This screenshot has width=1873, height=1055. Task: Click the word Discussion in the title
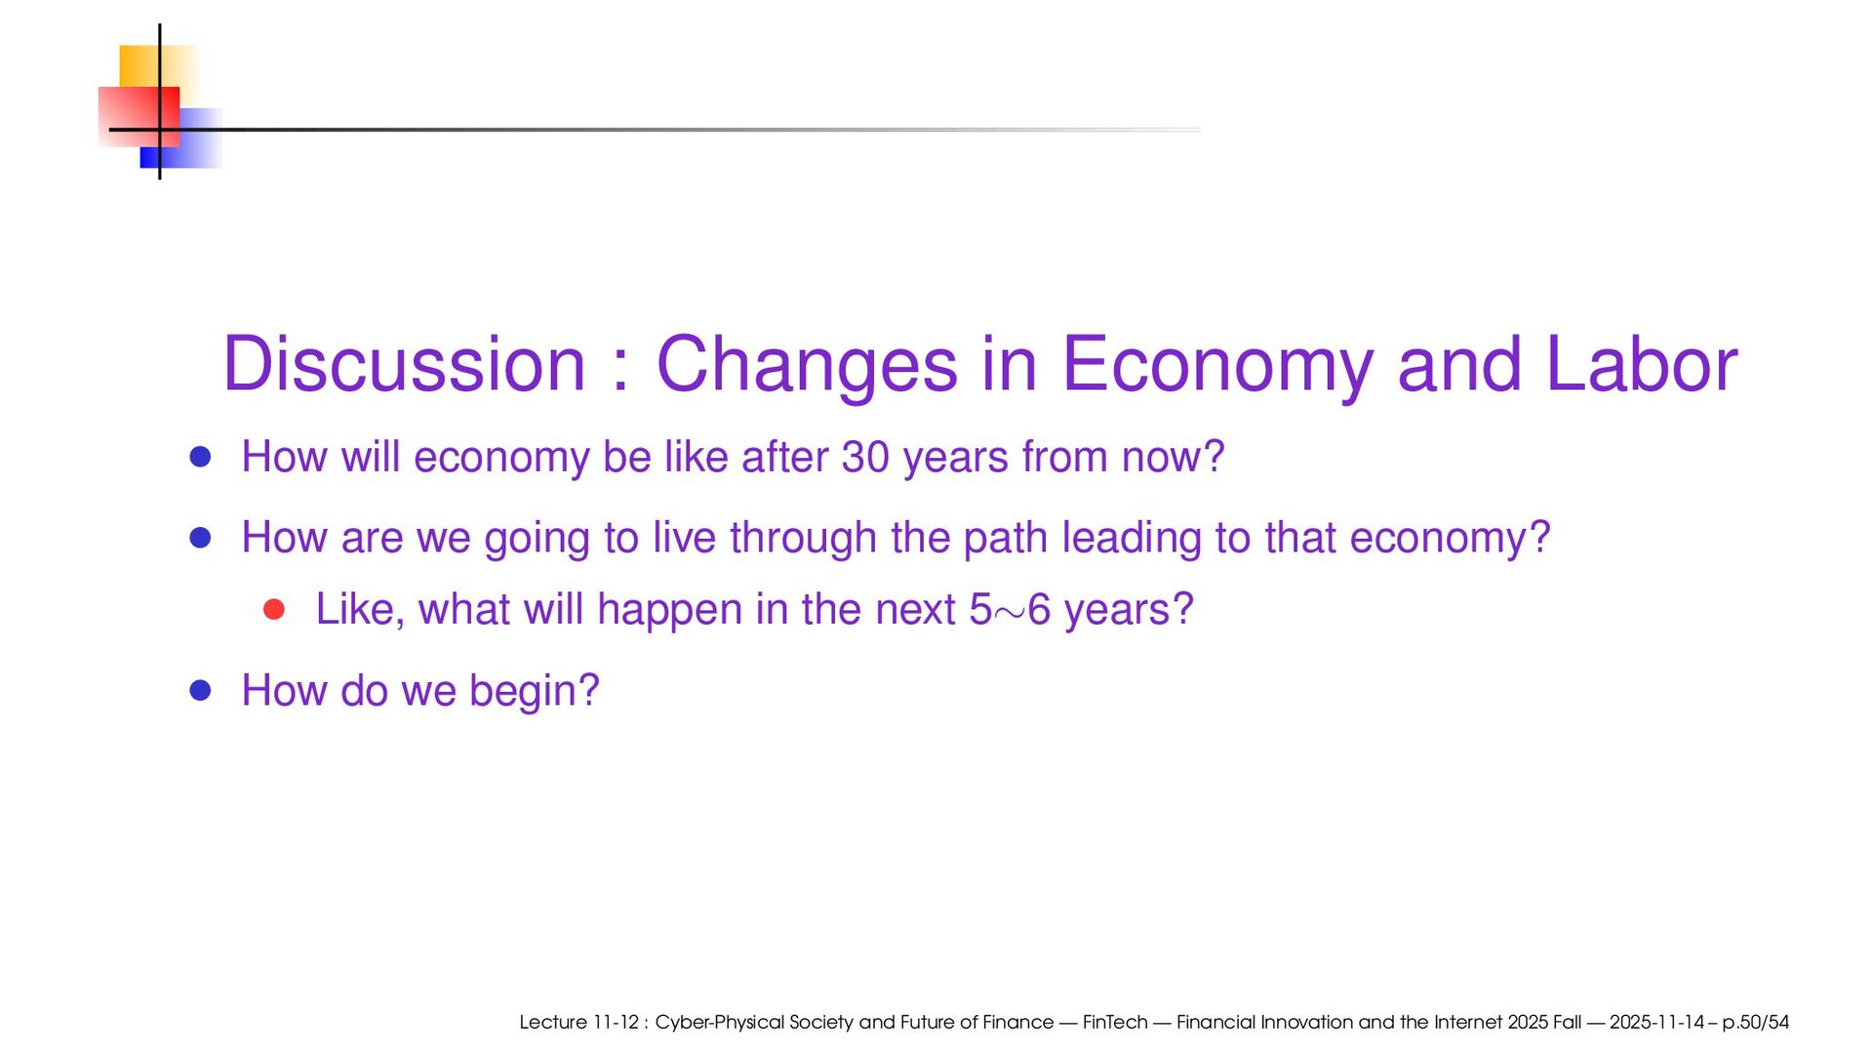[405, 364]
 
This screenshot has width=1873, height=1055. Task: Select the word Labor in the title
[1642, 364]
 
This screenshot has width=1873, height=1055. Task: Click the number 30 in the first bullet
[865, 458]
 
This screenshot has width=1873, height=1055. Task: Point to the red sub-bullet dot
[274, 610]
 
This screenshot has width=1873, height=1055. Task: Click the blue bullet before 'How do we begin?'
[201, 691]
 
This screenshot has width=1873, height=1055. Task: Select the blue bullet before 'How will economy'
[201, 457]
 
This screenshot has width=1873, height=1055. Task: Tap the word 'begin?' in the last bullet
[535, 692]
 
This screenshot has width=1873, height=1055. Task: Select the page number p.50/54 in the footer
[1755, 1023]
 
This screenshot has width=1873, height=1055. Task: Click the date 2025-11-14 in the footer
[1656, 1022]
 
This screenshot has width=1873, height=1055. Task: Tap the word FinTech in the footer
[1115, 1022]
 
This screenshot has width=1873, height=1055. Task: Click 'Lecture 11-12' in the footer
[578, 1022]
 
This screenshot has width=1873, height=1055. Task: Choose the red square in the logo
[139, 117]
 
